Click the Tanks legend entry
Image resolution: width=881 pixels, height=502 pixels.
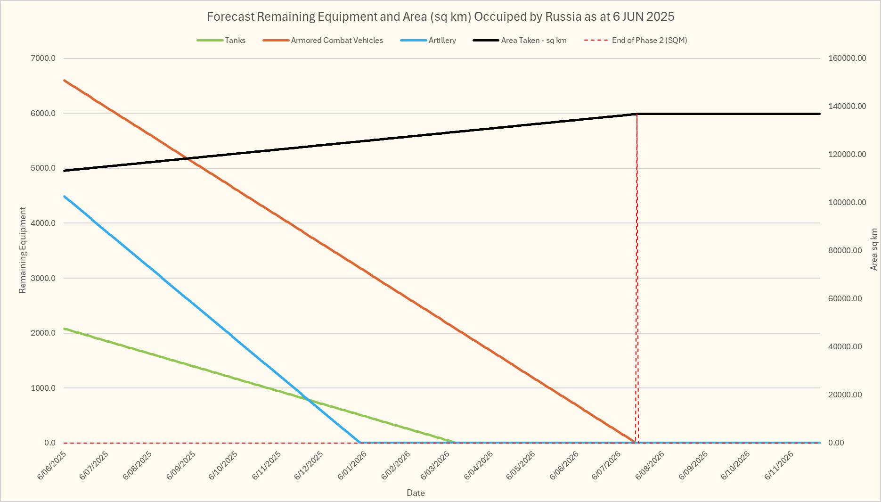(x=235, y=41)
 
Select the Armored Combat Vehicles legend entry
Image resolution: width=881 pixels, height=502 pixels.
(x=336, y=41)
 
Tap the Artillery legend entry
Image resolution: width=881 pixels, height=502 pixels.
(x=442, y=41)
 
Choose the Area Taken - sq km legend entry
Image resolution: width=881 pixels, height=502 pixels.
(x=533, y=41)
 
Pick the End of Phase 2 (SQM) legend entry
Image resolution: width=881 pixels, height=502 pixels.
(x=649, y=41)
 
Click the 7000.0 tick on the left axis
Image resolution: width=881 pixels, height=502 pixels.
(x=43, y=58)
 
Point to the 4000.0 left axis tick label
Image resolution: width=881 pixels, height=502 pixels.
(x=43, y=223)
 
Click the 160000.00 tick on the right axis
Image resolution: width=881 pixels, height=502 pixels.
(x=847, y=58)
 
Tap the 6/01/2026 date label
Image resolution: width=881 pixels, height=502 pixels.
(x=352, y=465)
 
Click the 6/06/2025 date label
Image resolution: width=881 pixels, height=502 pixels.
(x=52, y=465)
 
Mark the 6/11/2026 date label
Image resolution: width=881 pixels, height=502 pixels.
(x=779, y=465)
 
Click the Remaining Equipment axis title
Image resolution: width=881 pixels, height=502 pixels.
(x=23, y=250)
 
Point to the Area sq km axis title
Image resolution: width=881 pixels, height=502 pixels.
(x=874, y=250)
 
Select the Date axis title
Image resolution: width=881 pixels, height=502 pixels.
(x=416, y=493)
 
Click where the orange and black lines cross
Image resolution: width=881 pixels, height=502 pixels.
(x=188, y=158)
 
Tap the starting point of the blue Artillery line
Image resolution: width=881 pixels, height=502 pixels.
(x=65, y=196)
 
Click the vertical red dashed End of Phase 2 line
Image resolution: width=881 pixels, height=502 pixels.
(x=637, y=283)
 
